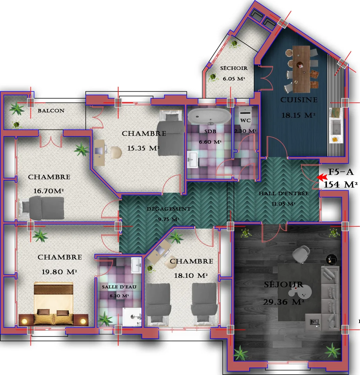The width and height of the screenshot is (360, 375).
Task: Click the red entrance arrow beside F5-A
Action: click(x=323, y=177)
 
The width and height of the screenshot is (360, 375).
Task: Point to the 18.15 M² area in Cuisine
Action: click(x=298, y=115)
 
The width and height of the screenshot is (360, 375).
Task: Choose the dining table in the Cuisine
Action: click(x=301, y=69)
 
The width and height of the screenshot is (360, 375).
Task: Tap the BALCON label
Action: click(x=51, y=111)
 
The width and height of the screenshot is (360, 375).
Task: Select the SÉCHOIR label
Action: click(x=234, y=68)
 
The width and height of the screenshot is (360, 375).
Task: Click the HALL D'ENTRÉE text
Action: click(x=283, y=193)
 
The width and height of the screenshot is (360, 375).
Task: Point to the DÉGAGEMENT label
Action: click(x=168, y=209)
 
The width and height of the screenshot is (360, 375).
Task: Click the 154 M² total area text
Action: click(x=341, y=185)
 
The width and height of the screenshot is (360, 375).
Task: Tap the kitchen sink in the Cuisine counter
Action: click(x=336, y=126)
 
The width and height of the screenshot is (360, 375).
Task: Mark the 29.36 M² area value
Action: click(x=284, y=302)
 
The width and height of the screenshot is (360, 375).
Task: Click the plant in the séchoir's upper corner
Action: click(x=235, y=43)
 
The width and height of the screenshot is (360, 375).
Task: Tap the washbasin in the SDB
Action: click(x=192, y=160)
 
